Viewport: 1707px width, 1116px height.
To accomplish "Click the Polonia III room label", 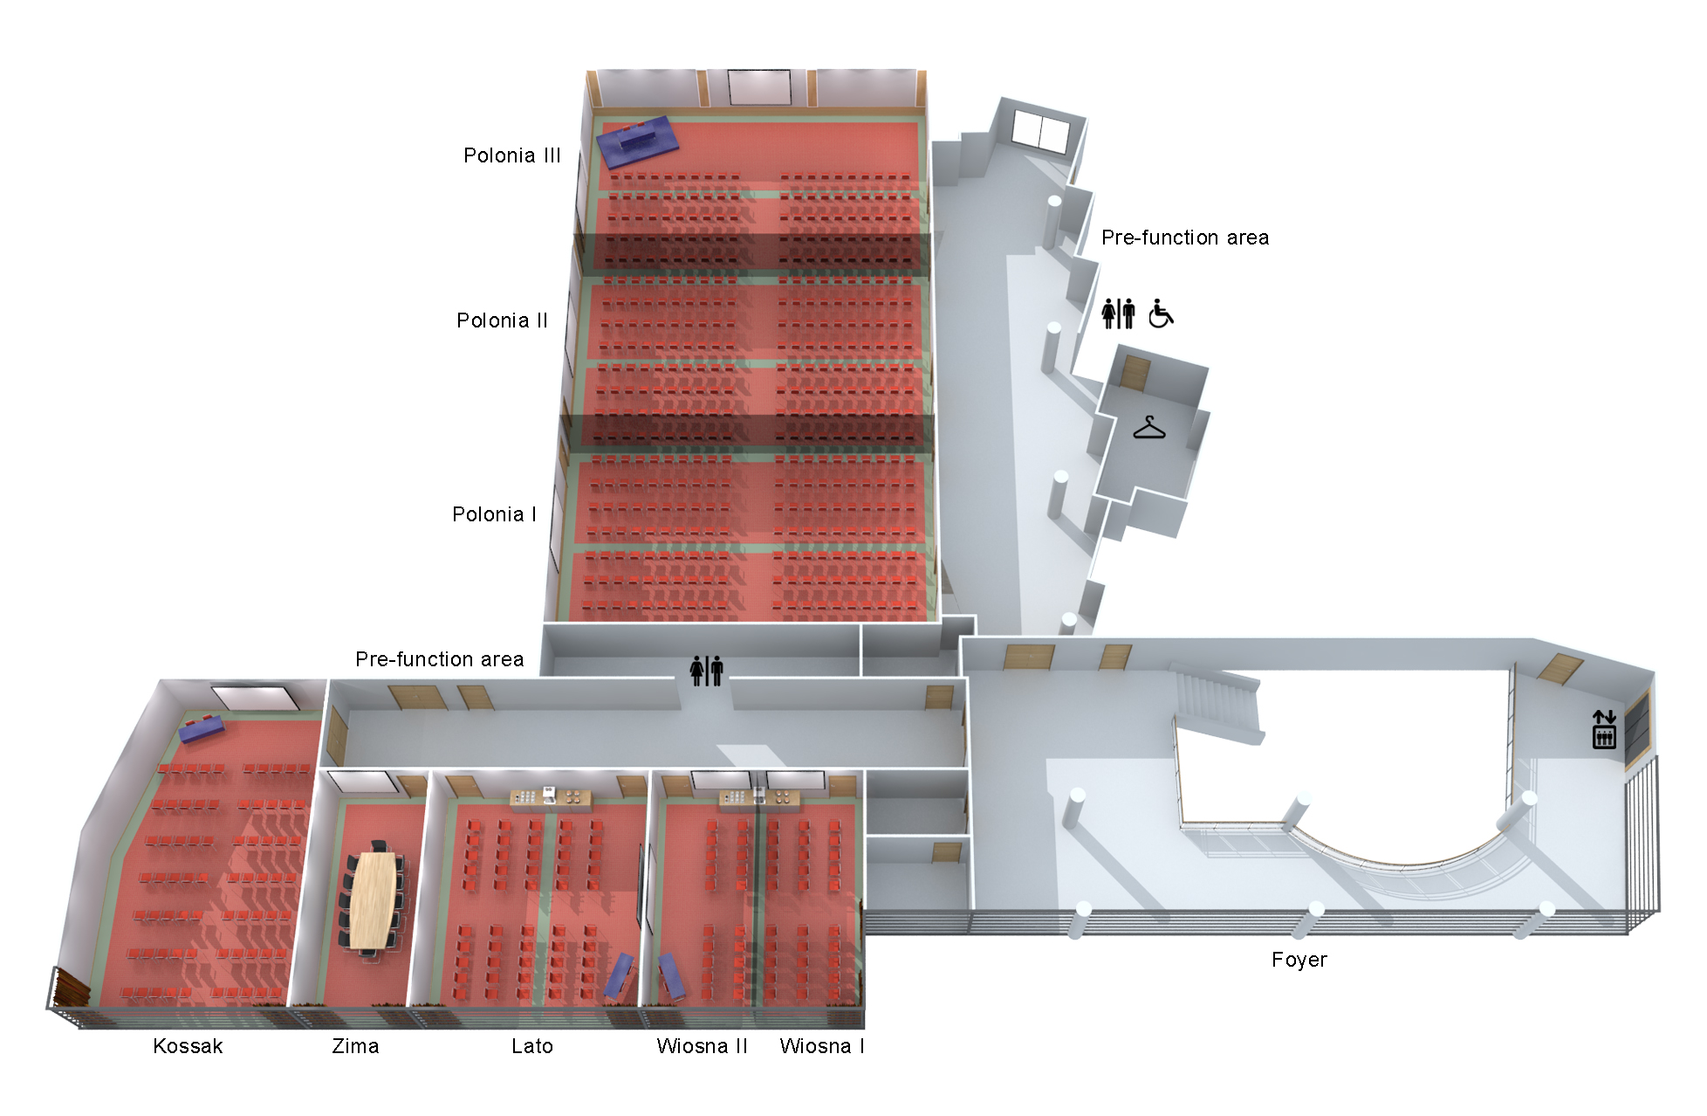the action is point(511,155).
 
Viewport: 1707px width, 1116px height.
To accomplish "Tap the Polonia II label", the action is point(502,320).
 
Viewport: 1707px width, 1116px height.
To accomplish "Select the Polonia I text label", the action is point(494,514).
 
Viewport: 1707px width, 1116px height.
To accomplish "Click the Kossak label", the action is point(188,1046).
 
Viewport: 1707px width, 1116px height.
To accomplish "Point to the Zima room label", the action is point(355,1046).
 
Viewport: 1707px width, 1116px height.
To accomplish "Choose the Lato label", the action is point(532,1046).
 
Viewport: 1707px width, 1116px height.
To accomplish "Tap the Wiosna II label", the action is point(702,1046).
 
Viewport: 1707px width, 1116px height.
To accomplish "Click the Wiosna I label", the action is point(822,1046).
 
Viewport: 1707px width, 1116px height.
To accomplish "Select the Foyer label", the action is point(1299,960).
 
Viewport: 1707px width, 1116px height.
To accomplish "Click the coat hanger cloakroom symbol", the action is point(1148,427).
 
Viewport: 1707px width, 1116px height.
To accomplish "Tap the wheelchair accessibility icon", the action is point(1161,313).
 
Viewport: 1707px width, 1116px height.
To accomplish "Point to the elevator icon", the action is point(1604,729).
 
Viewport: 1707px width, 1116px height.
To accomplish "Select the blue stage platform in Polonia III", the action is point(637,142).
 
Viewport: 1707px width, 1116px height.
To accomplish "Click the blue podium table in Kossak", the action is point(202,727).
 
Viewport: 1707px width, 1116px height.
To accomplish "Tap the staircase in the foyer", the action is point(1217,703).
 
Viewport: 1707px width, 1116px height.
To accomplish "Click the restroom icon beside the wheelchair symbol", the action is point(1118,313).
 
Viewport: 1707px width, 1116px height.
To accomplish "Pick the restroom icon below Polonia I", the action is point(706,671).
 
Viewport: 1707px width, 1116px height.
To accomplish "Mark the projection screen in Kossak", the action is point(255,698).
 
